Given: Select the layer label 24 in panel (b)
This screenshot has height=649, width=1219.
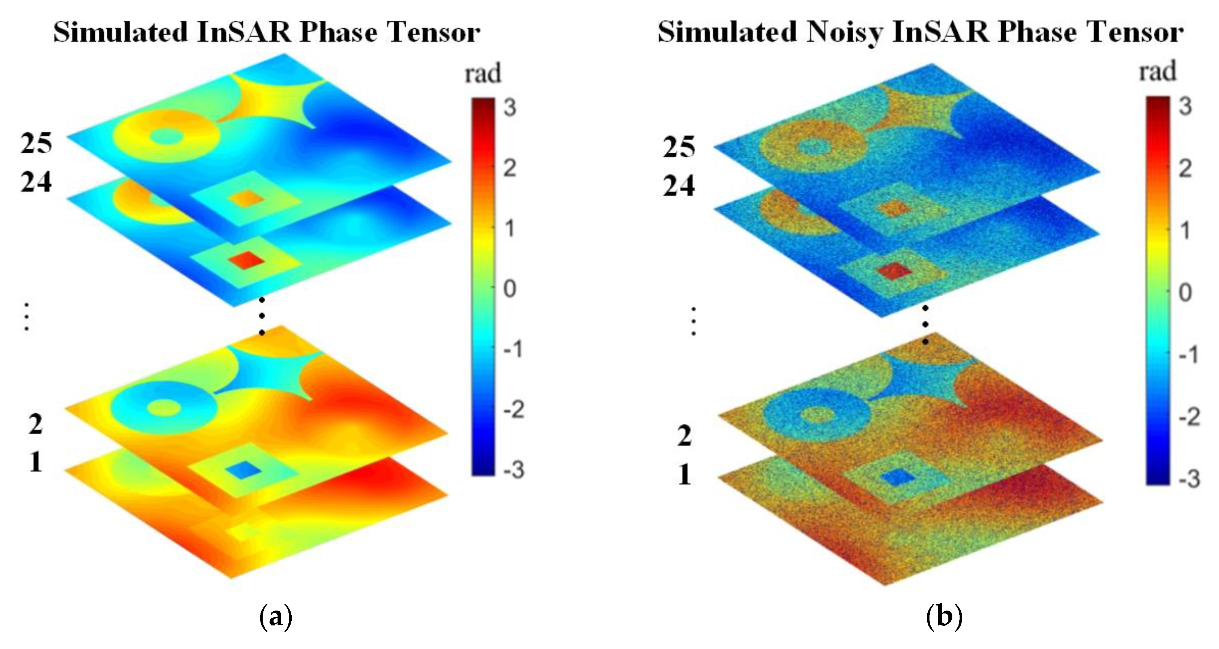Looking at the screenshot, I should click(x=678, y=186).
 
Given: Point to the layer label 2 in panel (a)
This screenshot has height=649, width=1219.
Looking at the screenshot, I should click(x=36, y=424).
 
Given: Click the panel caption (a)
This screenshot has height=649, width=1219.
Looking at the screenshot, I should click(x=276, y=616).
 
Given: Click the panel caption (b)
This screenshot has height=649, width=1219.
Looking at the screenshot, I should click(x=944, y=616).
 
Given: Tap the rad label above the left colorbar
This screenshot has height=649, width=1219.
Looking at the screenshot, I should click(x=483, y=74).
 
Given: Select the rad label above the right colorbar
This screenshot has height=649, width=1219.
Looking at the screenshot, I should click(x=1157, y=72).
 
